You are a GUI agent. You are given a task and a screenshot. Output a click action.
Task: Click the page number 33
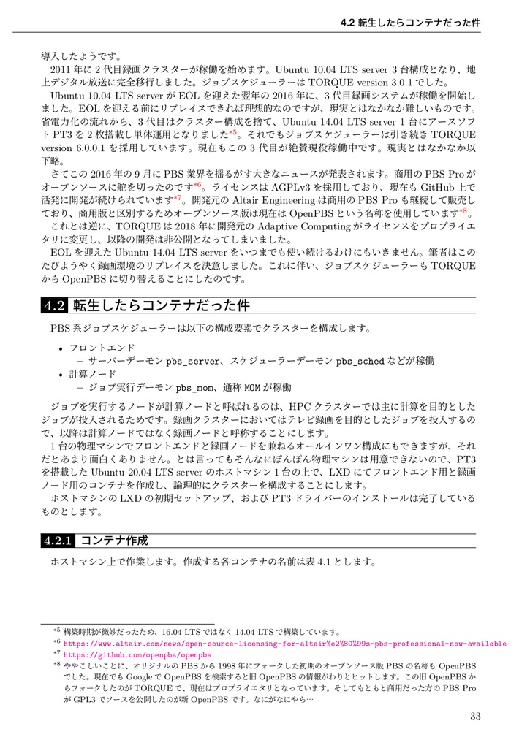475,716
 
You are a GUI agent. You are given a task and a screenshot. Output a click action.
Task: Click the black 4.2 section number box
55,304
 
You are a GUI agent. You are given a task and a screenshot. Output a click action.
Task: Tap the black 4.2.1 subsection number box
58,541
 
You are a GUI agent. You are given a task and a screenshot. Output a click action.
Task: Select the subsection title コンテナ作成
113,541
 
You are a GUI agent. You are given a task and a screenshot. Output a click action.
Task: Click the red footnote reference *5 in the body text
232,134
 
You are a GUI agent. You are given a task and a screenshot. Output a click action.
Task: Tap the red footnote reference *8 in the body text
462,213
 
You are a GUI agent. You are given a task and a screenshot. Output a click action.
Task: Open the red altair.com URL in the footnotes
285,644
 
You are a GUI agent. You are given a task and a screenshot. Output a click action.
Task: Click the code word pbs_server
193,361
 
